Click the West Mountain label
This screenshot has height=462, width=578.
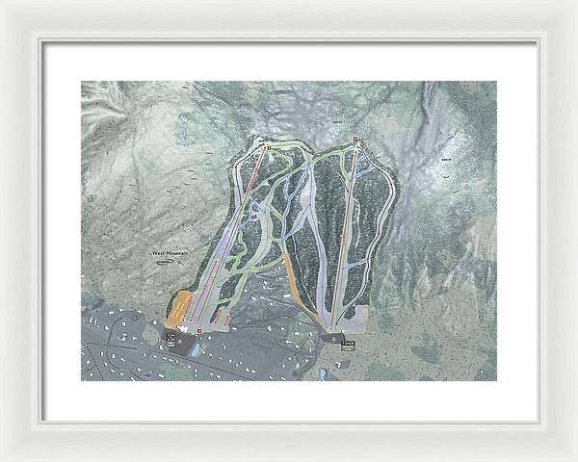pos(170,253)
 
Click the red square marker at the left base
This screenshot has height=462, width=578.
pos(199,331)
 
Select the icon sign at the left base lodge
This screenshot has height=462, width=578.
pos(179,337)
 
